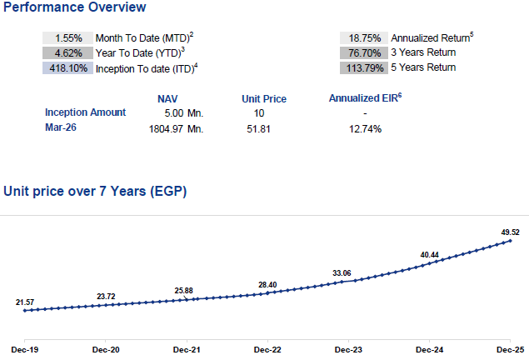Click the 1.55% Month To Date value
click(x=68, y=38)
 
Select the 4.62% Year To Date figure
click(x=68, y=53)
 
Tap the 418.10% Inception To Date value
click(x=68, y=68)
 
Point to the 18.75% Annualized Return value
click(x=365, y=38)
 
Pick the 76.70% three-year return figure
click(x=365, y=53)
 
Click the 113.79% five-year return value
click(x=365, y=68)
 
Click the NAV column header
click(x=167, y=99)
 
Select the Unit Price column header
click(x=264, y=99)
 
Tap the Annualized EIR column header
click(x=366, y=97)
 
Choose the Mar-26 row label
click(x=61, y=127)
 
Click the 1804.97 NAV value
click(x=166, y=129)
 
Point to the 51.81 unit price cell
click(x=258, y=129)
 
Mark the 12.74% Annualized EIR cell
click(x=365, y=129)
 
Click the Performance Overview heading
click(x=74, y=7)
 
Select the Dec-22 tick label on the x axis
click(x=267, y=350)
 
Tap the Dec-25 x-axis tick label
click(x=510, y=350)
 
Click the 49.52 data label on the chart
click(x=510, y=232)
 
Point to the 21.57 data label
click(x=25, y=302)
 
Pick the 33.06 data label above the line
click(x=342, y=273)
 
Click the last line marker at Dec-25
click(x=510, y=241)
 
